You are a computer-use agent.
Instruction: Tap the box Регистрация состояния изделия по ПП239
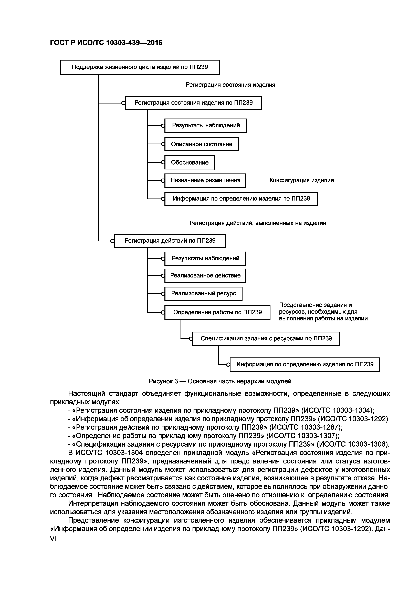(193, 103)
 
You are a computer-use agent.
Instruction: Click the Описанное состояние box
(202, 144)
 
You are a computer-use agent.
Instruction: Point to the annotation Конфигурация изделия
(302, 180)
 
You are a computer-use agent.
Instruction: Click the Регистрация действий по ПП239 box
(170, 241)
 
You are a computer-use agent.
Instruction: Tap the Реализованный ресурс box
(204, 294)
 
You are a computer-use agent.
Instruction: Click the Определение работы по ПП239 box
(217, 312)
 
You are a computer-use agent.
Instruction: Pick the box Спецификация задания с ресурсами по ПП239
(266, 339)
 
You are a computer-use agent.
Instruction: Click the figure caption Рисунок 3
(220, 381)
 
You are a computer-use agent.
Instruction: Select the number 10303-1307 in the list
(317, 436)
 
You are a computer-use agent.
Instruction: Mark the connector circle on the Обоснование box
(163, 162)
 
